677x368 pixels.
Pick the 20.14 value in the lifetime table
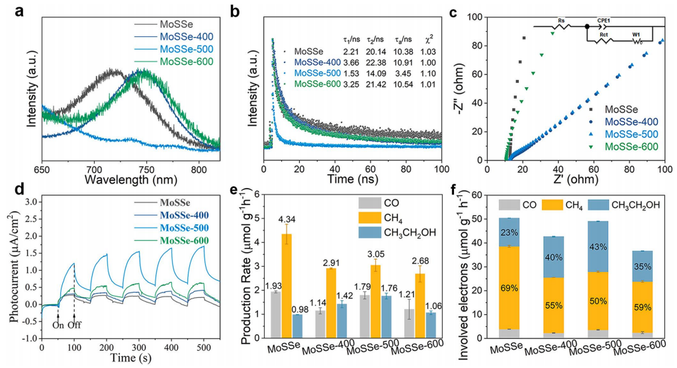pos(379,50)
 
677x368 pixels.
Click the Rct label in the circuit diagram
pos(604,35)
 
